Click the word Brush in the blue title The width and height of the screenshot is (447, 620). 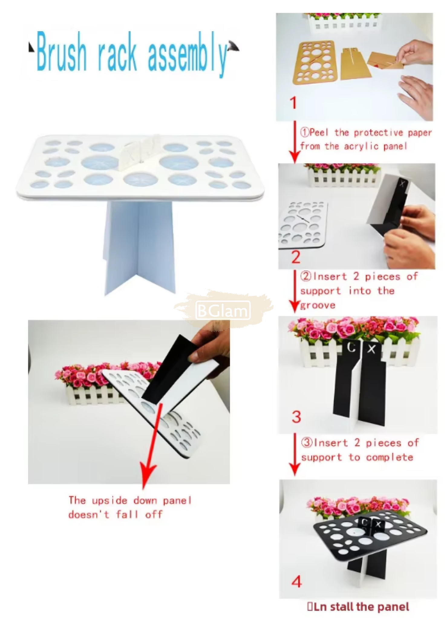tap(61, 52)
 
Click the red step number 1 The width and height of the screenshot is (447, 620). tap(293, 103)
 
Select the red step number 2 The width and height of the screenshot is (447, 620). tap(295, 257)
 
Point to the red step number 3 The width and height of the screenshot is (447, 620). tap(296, 417)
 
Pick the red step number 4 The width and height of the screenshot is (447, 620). tap(296, 582)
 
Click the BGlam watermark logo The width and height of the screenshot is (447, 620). tap(223, 310)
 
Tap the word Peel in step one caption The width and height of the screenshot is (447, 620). tap(319, 132)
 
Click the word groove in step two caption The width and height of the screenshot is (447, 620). tap(318, 305)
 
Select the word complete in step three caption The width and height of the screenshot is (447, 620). tap(390, 457)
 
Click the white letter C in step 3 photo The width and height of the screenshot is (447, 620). tap(351, 347)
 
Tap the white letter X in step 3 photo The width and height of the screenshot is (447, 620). tap(371, 349)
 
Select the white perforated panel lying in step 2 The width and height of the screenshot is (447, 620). tap(303, 224)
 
